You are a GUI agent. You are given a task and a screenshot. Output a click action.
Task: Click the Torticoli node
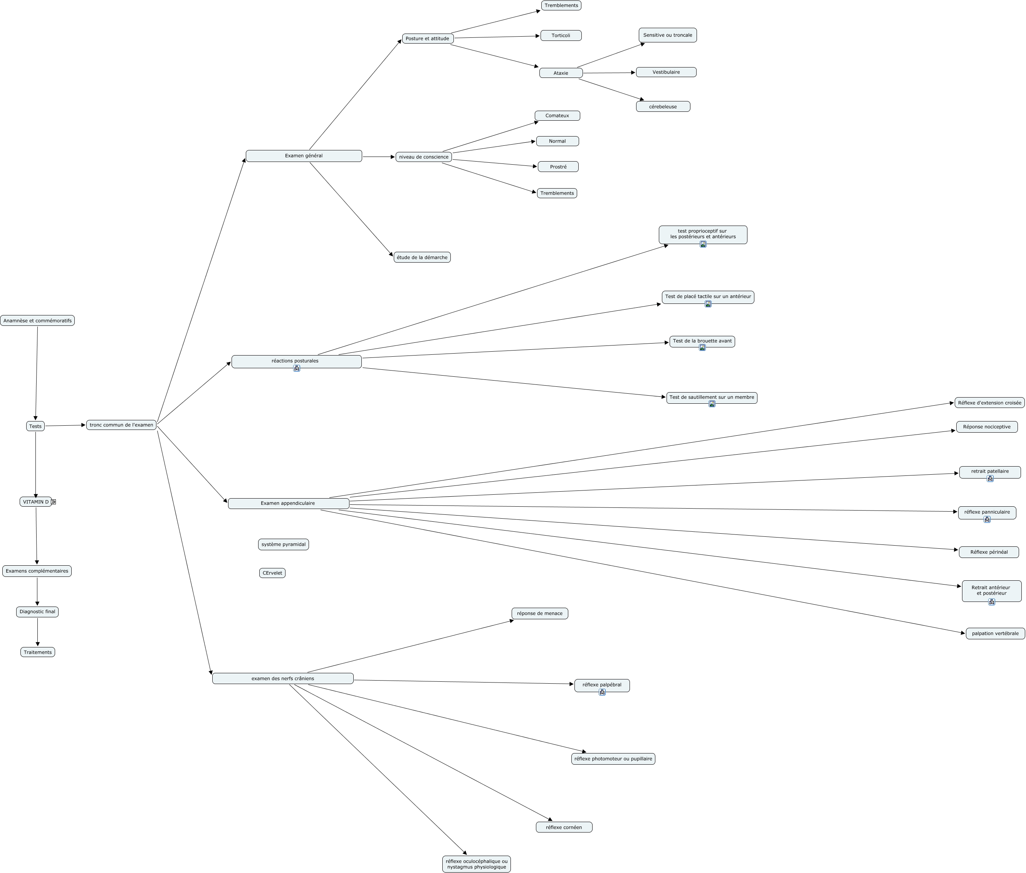click(x=561, y=35)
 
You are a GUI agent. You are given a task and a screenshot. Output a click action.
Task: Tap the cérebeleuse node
click(x=663, y=107)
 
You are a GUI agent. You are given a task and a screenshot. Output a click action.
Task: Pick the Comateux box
click(x=557, y=116)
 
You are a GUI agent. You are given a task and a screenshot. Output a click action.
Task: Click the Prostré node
click(x=558, y=167)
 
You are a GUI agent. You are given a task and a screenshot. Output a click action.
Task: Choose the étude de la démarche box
click(x=422, y=257)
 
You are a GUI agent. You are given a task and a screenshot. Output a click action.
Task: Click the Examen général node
click(x=304, y=156)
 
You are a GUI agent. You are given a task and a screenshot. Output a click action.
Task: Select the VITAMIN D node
click(x=35, y=502)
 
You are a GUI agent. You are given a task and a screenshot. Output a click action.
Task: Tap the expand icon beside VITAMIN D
click(x=54, y=502)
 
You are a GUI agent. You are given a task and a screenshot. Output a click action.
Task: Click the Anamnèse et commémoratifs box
click(x=37, y=321)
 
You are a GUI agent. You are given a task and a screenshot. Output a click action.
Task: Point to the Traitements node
click(x=38, y=652)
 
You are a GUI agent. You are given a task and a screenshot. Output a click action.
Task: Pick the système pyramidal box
click(x=283, y=544)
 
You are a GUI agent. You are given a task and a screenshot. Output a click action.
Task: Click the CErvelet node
click(x=272, y=573)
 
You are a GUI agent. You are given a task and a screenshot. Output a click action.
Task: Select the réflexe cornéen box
click(x=564, y=827)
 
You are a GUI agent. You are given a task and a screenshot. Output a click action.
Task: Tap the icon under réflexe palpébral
click(x=602, y=693)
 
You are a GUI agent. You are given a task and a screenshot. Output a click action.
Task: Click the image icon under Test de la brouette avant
click(x=702, y=347)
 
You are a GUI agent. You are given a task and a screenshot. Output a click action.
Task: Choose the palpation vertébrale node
click(x=995, y=634)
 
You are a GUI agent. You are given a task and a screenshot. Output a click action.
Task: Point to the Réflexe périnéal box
click(x=988, y=552)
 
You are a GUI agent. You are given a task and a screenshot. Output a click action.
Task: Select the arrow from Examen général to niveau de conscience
click(x=379, y=157)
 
